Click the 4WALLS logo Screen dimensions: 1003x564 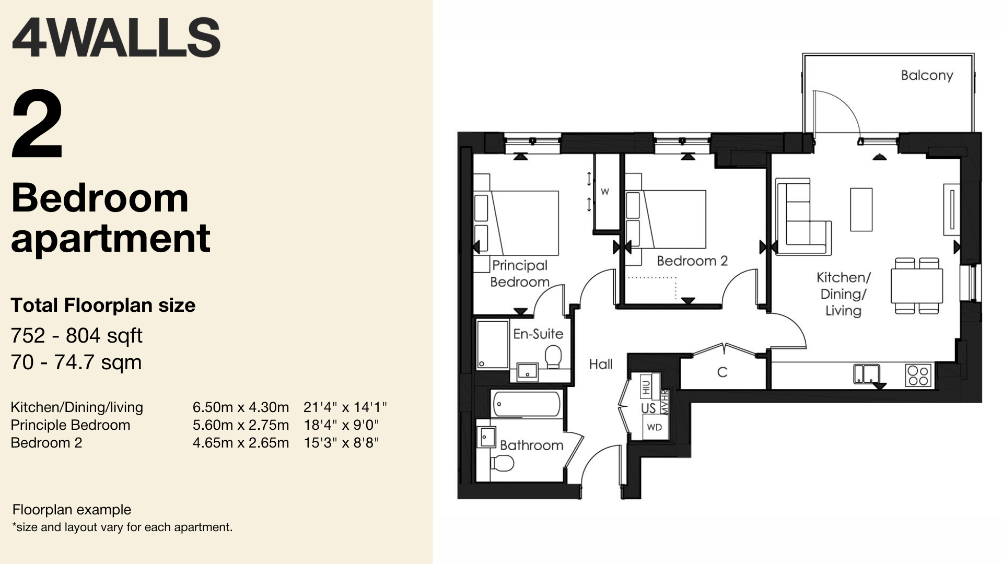pos(115,38)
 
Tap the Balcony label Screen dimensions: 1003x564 pos(927,76)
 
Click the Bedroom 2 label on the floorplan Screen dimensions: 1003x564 pos(692,261)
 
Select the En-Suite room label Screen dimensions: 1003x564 pos(538,334)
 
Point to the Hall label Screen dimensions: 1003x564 pos(601,364)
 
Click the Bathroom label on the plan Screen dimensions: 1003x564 pos(531,445)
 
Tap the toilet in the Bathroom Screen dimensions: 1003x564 pos(503,462)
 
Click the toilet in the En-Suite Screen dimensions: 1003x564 pos(553,358)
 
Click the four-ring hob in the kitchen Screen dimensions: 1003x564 pos(918,375)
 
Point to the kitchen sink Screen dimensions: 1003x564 pos(867,374)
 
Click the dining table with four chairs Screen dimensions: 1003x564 pos(917,286)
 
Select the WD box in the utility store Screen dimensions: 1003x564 pos(654,427)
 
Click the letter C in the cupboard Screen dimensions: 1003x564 pos(722,372)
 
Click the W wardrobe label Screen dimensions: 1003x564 pos(604,192)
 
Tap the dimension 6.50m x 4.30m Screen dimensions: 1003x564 pos(241,407)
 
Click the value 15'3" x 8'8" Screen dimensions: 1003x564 pos(342,443)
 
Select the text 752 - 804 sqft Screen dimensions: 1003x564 pos(76,336)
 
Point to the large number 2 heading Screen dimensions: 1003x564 pos(38,125)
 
